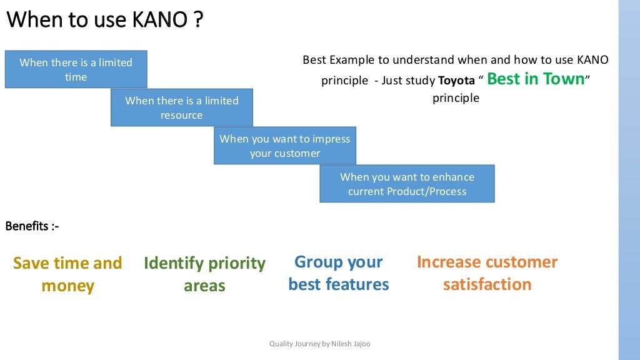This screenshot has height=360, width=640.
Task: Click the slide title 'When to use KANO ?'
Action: [105, 20]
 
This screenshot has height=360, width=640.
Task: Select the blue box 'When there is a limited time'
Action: [76, 69]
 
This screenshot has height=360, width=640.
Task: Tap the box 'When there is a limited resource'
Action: [182, 107]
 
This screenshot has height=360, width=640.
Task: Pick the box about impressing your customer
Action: [285, 146]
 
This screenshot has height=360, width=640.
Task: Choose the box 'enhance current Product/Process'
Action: [407, 184]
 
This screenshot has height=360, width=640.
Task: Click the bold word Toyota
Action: [456, 81]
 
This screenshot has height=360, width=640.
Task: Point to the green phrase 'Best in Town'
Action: [536, 79]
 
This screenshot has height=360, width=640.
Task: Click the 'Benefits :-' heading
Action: [32, 226]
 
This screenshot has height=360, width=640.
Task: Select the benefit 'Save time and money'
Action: [67, 274]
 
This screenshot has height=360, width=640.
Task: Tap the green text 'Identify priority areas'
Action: [204, 274]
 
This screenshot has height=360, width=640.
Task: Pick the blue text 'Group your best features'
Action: [338, 273]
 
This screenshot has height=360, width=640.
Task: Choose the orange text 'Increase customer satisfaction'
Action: [487, 273]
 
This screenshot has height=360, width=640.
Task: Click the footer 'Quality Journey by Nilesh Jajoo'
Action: [319, 344]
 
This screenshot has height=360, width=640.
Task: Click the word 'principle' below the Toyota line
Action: [456, 98]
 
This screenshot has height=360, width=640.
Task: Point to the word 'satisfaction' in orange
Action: [487, 284]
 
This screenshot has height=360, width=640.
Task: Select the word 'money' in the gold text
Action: [67, 286]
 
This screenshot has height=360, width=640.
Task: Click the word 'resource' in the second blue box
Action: [182, 115]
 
